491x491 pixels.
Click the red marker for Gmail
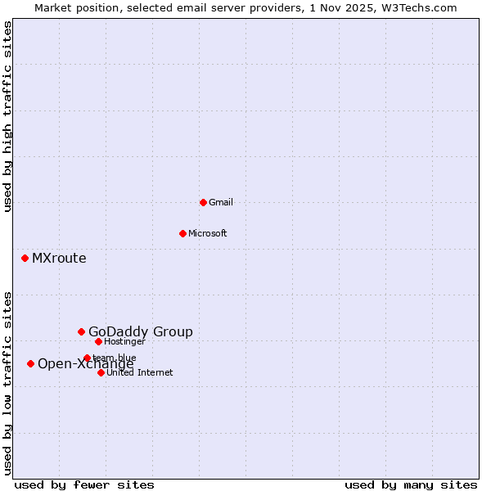click(x=203, y=202)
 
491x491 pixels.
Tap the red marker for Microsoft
click(x=182, y=233)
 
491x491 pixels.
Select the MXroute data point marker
click(x=25, y=258)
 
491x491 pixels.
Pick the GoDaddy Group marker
click(x=81, y=331)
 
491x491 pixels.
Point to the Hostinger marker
click(x=98, y=341)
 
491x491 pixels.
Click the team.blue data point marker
click(x=87, y=358)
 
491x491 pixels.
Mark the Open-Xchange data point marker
click(x=30, y=363)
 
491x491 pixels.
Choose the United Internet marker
click(x=101, y=372)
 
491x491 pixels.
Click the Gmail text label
click(x=221, y=202)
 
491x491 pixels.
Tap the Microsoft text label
click(x=208, y=233)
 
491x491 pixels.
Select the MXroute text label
click(x=59, y=259)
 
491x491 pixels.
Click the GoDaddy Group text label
click(x=141, y=331)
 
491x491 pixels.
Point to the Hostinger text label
click(x=124, y=341)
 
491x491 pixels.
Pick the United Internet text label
click(x=139, y=372)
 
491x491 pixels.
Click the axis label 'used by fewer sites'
click(x=84, y=485)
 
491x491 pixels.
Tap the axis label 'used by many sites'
click(x=411, y=485)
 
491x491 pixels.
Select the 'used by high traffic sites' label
click(x=7, y=116)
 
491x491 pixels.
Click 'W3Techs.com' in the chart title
click(x=421, y=7)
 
